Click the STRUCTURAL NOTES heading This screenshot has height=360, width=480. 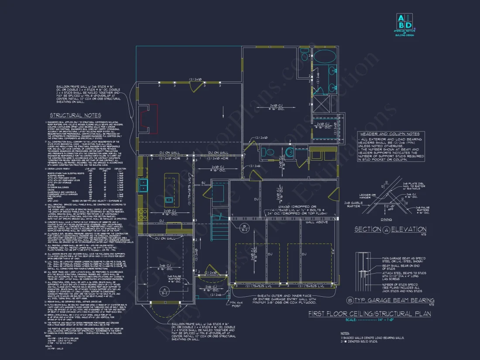75,115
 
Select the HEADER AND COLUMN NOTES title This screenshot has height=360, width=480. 390,134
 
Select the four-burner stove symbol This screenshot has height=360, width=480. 142,214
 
